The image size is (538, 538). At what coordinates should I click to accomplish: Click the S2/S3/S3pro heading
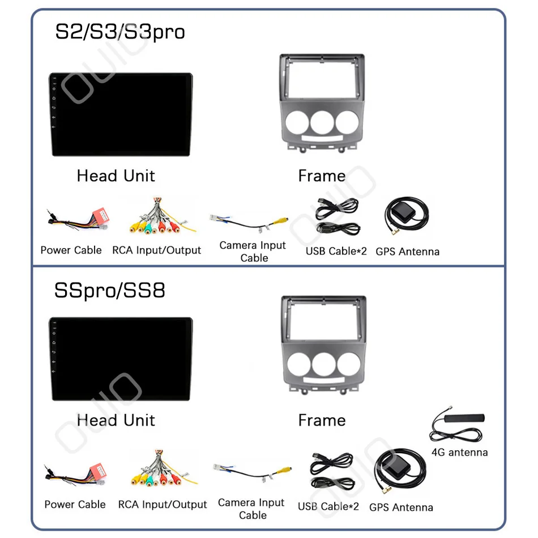pyautogui.click(x=119, y=32)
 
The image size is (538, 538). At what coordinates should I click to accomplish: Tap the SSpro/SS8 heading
pyautogui.click(x=109, y=291)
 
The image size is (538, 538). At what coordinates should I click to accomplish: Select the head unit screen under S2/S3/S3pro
pyautogui.click(x=120, y=116)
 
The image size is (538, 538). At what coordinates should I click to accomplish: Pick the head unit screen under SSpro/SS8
pyautogui.click(x=120, y=360)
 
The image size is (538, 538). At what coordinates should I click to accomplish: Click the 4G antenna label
pyautogui.click(x=459, y=452)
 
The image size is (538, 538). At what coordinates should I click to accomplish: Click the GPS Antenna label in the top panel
pyautogui.click(x=407, y=251)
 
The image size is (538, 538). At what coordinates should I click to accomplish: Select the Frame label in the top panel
pyautogui.click(x=322, y=176)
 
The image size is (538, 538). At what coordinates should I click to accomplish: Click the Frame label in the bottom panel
pyautogui.click(x=322, y=420)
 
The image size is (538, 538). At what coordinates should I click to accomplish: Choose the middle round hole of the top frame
pyautogui.click(x=322, y=122)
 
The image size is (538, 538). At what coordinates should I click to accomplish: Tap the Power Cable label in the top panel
pyautogui.click(x=71, y=250)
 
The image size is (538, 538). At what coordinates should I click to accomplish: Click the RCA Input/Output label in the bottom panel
pyautogui.click(x=163, y=504)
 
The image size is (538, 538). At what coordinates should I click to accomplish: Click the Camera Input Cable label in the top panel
pyautogui.click(x=253, y=251)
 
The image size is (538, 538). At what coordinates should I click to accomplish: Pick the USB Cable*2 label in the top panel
pyautogui.click(x=336, y=251)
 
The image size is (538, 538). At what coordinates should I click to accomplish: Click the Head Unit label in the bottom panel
pyautogui.click(x=116, y=420)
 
